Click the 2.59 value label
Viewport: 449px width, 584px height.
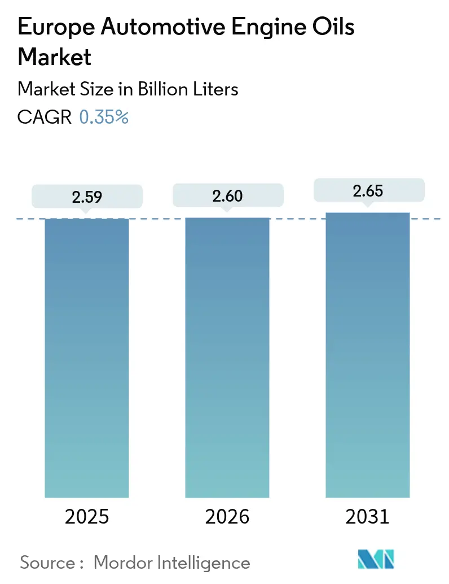[87, 197]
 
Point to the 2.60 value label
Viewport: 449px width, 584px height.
[227, 196]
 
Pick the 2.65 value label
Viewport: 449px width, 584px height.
[368, 191]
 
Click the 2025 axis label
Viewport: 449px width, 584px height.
[87, 516]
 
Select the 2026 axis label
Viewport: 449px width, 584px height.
[227, 516]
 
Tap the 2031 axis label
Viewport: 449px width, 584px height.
[368, 516]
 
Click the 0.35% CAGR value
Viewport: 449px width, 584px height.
[104, 117]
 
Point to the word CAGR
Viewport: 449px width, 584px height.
[45, 117]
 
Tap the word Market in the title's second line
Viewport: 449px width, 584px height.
[55, 57]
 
